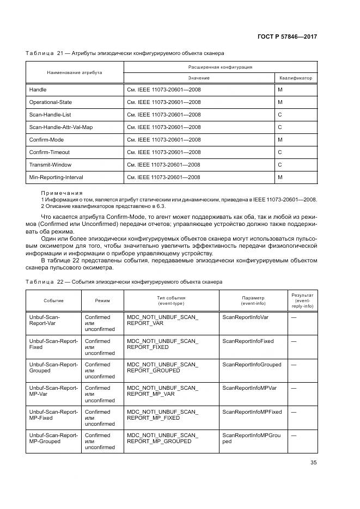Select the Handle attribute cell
point(38,89)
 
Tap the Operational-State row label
point(50,102)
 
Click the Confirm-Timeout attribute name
point(49,152)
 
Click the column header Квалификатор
point(296,78)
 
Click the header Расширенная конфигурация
point(220,67)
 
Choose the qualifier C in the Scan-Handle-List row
point(280,114)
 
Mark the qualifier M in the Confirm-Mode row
point(280,139)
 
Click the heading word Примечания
point(62,193)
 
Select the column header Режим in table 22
point(102,301)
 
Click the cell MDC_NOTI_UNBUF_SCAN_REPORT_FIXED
point(162,344)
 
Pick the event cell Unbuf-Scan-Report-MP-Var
point(53,391)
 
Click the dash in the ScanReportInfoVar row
point(294,317)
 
